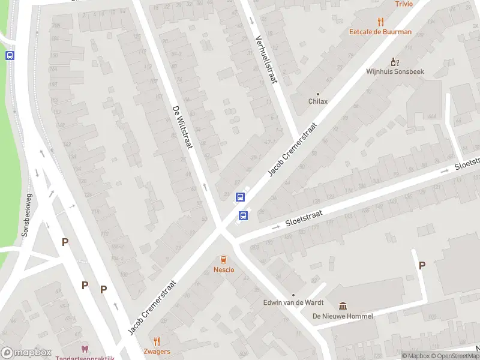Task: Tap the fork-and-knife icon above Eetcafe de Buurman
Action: click(x=380, y=22)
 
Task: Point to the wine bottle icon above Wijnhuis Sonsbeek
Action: click(x=394, y=61)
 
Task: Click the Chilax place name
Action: click(x=318, y=101)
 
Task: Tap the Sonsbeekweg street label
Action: click(x=27, y=215)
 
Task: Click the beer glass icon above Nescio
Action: click(x=224, y=260)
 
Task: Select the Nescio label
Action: click(x=224, y=269)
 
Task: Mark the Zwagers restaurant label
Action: click(x=157, y=351)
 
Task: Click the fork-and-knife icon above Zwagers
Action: click(x=157, y=341)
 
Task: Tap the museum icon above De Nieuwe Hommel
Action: click(x=343, y=306)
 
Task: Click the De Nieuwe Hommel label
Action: click(x=343, y=316)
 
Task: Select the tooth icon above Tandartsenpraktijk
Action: click(x=85, y=349)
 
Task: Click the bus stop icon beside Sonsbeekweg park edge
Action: click(x=10, y=55)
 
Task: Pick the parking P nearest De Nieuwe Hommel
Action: click(x=422, y=265)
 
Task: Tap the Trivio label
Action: click(x=404, y=4)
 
